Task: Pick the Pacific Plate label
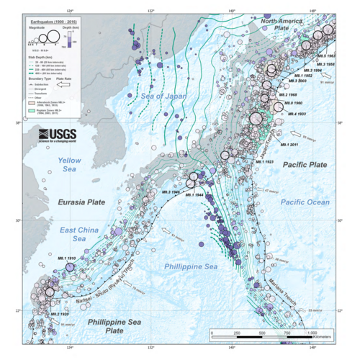[303, 165]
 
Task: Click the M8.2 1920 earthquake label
[58, 315]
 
